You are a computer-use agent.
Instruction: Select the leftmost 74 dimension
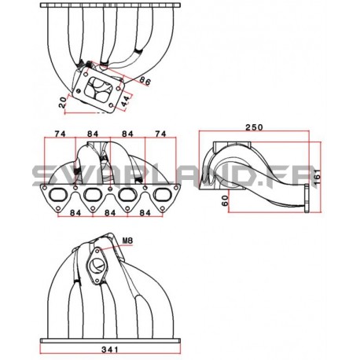(x=58, y=134)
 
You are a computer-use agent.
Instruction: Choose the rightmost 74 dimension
(x=160, y=134)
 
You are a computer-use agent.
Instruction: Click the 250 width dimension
(x=254, y=127)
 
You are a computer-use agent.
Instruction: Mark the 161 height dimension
(x=318, y=180)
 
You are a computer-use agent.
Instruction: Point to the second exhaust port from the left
(x=93, y=198)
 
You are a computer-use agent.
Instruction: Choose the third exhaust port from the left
(x=127, y=198)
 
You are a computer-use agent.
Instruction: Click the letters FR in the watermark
(x=297, y=174)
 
